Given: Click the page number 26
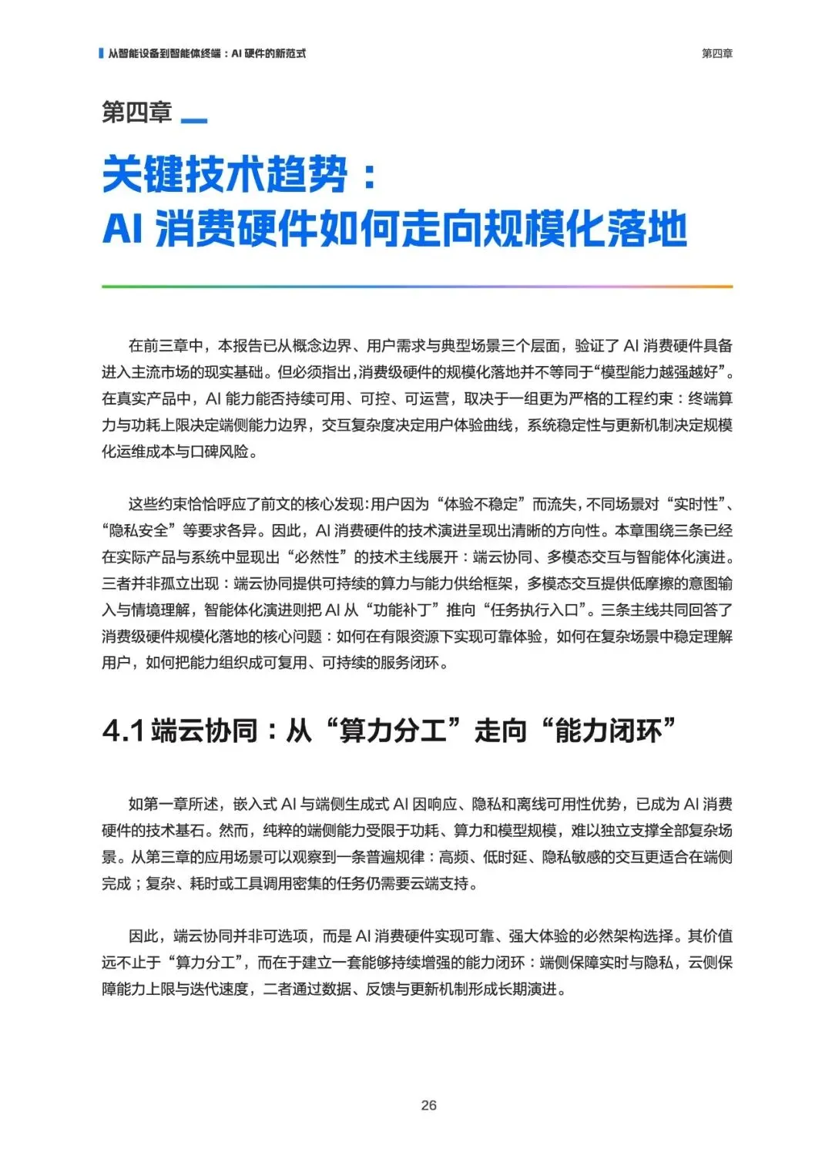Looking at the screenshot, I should click(429, 1105).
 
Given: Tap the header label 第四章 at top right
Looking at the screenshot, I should click(716, 53).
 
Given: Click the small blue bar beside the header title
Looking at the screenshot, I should click(101, 53).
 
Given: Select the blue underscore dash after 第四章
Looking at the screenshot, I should click(193, 121).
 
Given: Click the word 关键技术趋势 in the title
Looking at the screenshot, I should click(225, 174).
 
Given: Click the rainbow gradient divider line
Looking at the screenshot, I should click(416, 287).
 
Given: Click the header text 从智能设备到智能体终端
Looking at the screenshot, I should click(164, 53).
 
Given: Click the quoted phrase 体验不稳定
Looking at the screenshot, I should click(482, 505).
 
